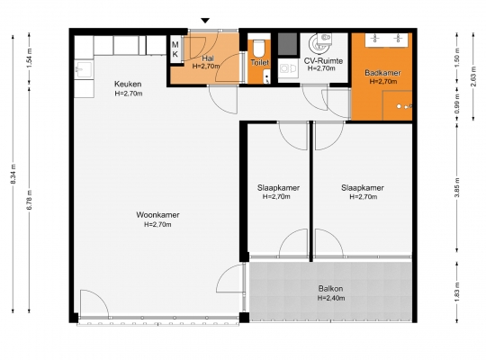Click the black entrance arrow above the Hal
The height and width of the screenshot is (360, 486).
205,21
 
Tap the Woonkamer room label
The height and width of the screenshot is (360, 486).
157,215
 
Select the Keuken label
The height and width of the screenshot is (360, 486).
128,84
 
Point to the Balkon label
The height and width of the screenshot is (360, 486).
330,289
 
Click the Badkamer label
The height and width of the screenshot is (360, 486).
382,73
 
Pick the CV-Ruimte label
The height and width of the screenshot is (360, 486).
323,60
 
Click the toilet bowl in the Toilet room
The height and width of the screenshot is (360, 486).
258,49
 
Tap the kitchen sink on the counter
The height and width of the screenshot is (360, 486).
84,69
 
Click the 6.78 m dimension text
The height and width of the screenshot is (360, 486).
30,200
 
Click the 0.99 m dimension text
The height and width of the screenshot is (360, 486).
456,103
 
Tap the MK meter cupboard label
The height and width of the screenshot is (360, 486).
175,49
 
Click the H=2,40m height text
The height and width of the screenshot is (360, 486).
331,298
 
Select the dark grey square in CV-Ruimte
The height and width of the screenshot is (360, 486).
288,44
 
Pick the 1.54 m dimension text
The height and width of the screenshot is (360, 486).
30,58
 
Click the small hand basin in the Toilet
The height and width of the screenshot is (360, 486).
266,76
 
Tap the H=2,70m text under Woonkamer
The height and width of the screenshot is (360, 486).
157,224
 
